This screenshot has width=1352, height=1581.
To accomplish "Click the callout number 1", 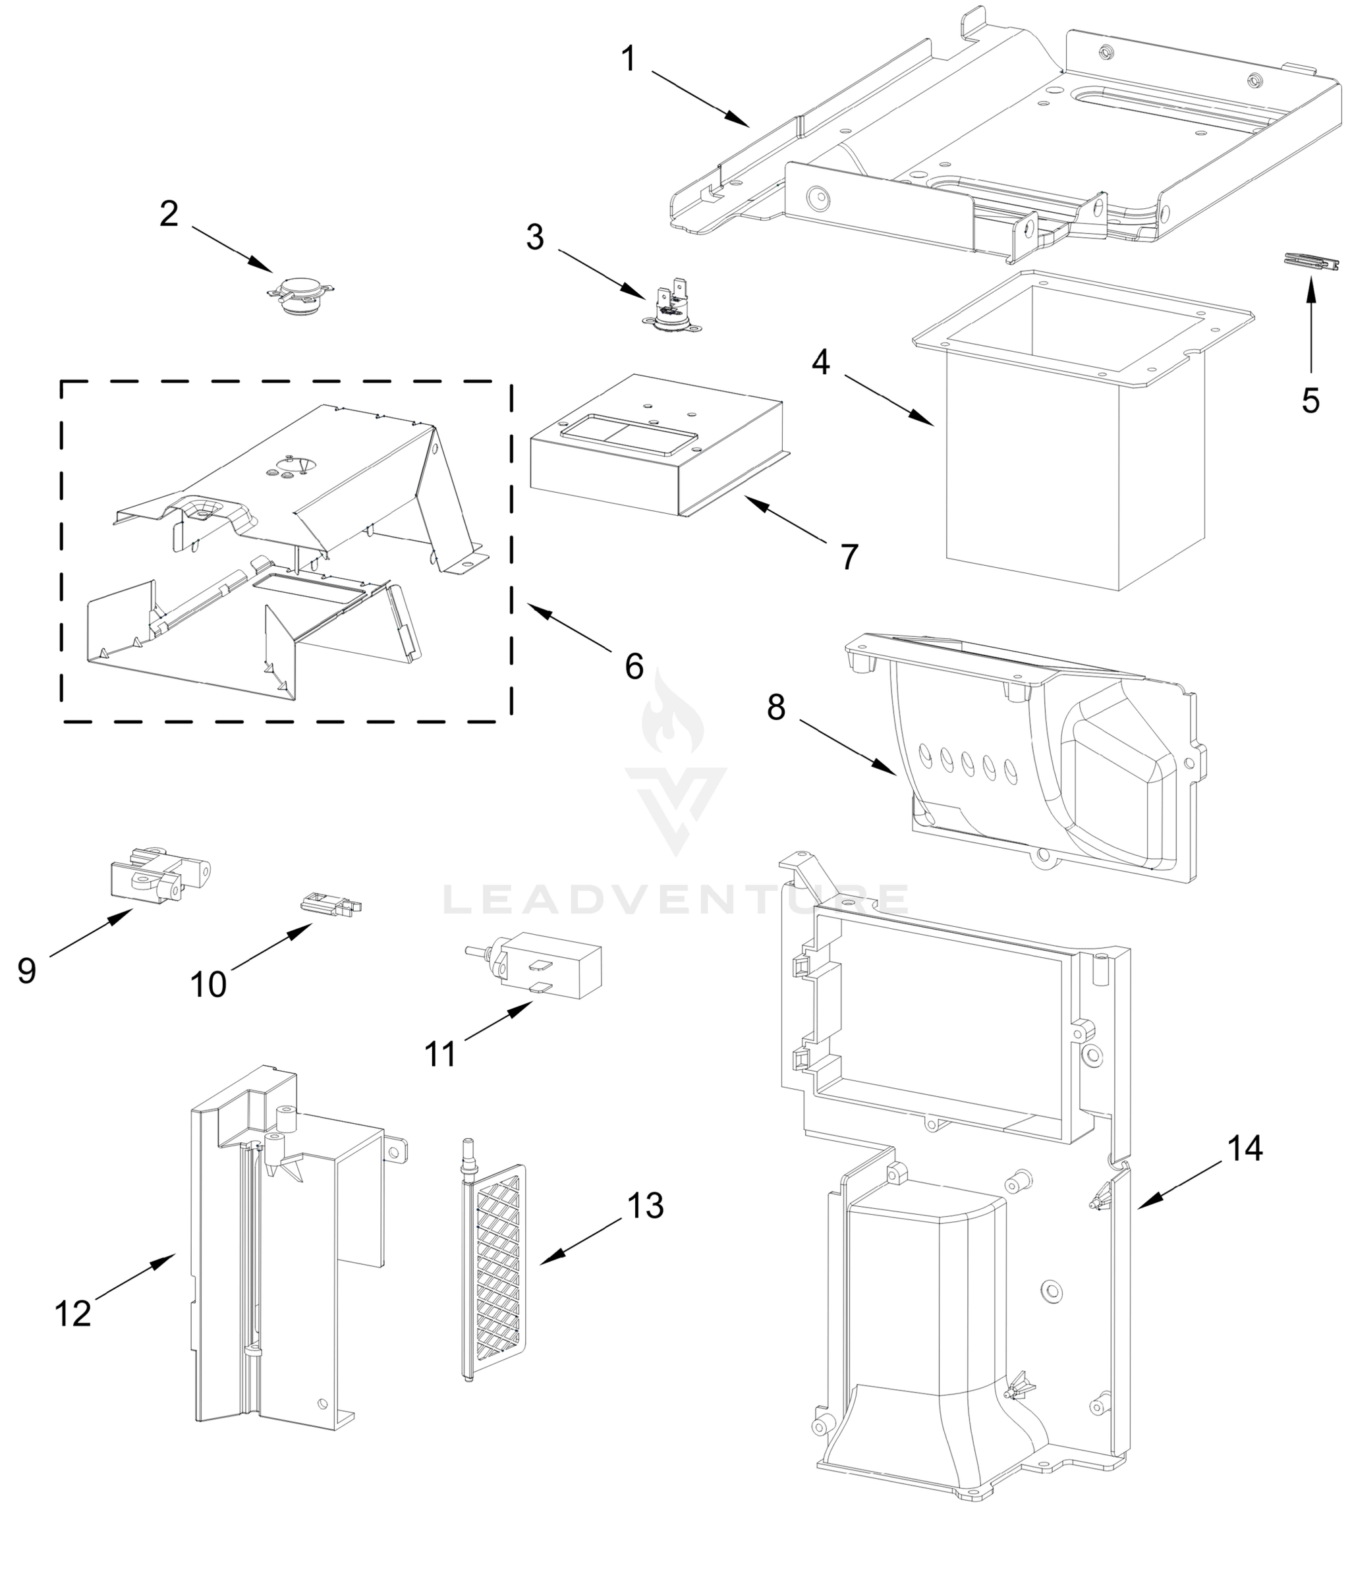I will click(628, 59).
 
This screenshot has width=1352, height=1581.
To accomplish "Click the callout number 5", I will click(1310, 401).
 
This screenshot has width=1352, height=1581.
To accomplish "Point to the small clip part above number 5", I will click(1310, 262).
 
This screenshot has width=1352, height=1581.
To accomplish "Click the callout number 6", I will click(634, 666).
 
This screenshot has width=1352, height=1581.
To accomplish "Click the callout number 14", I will click(1245, 1148).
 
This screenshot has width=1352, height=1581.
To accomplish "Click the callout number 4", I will click(820, 362).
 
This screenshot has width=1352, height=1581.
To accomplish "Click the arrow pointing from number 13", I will click(580, 1240).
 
